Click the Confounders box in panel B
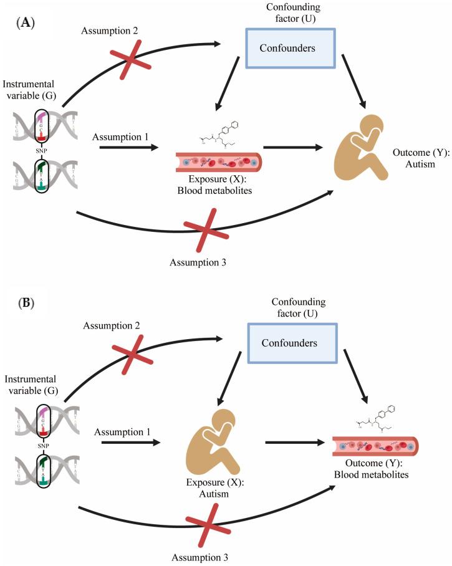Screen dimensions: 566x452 pos(281,343)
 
